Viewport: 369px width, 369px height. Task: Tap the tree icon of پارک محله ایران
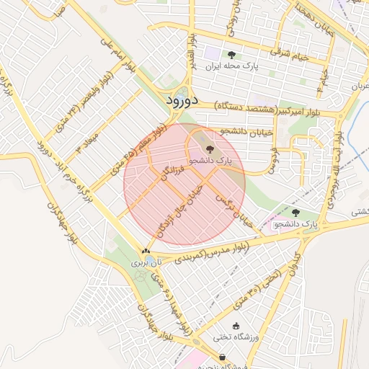(231, 55)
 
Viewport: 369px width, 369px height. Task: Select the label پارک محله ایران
(231, 66)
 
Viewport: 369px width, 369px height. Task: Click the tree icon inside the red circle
(210, 149)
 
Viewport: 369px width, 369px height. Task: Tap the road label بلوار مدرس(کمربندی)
(213, 252)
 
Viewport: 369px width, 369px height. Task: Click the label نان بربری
(142, 264)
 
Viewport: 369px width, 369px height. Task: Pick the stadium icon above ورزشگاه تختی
(236, 326)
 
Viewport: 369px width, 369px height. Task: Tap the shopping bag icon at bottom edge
(222, 357)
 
